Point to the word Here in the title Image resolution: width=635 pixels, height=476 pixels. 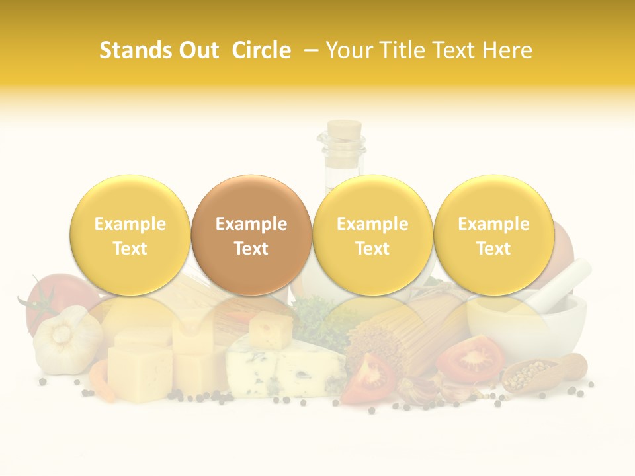(x=507, y=50)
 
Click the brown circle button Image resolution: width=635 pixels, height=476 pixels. (x=251, y=235)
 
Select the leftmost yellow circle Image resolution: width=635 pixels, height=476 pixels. (x=130, y=235)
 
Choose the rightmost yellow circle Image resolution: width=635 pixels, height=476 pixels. (x=493, y=235)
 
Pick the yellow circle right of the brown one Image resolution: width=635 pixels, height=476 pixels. (x=372, y=235)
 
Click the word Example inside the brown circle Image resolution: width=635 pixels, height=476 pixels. (x=251, y=224)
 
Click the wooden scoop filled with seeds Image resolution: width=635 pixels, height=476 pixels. (x=542, y=374)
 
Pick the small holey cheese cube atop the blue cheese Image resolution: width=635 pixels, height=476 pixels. (x=271, y=329)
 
